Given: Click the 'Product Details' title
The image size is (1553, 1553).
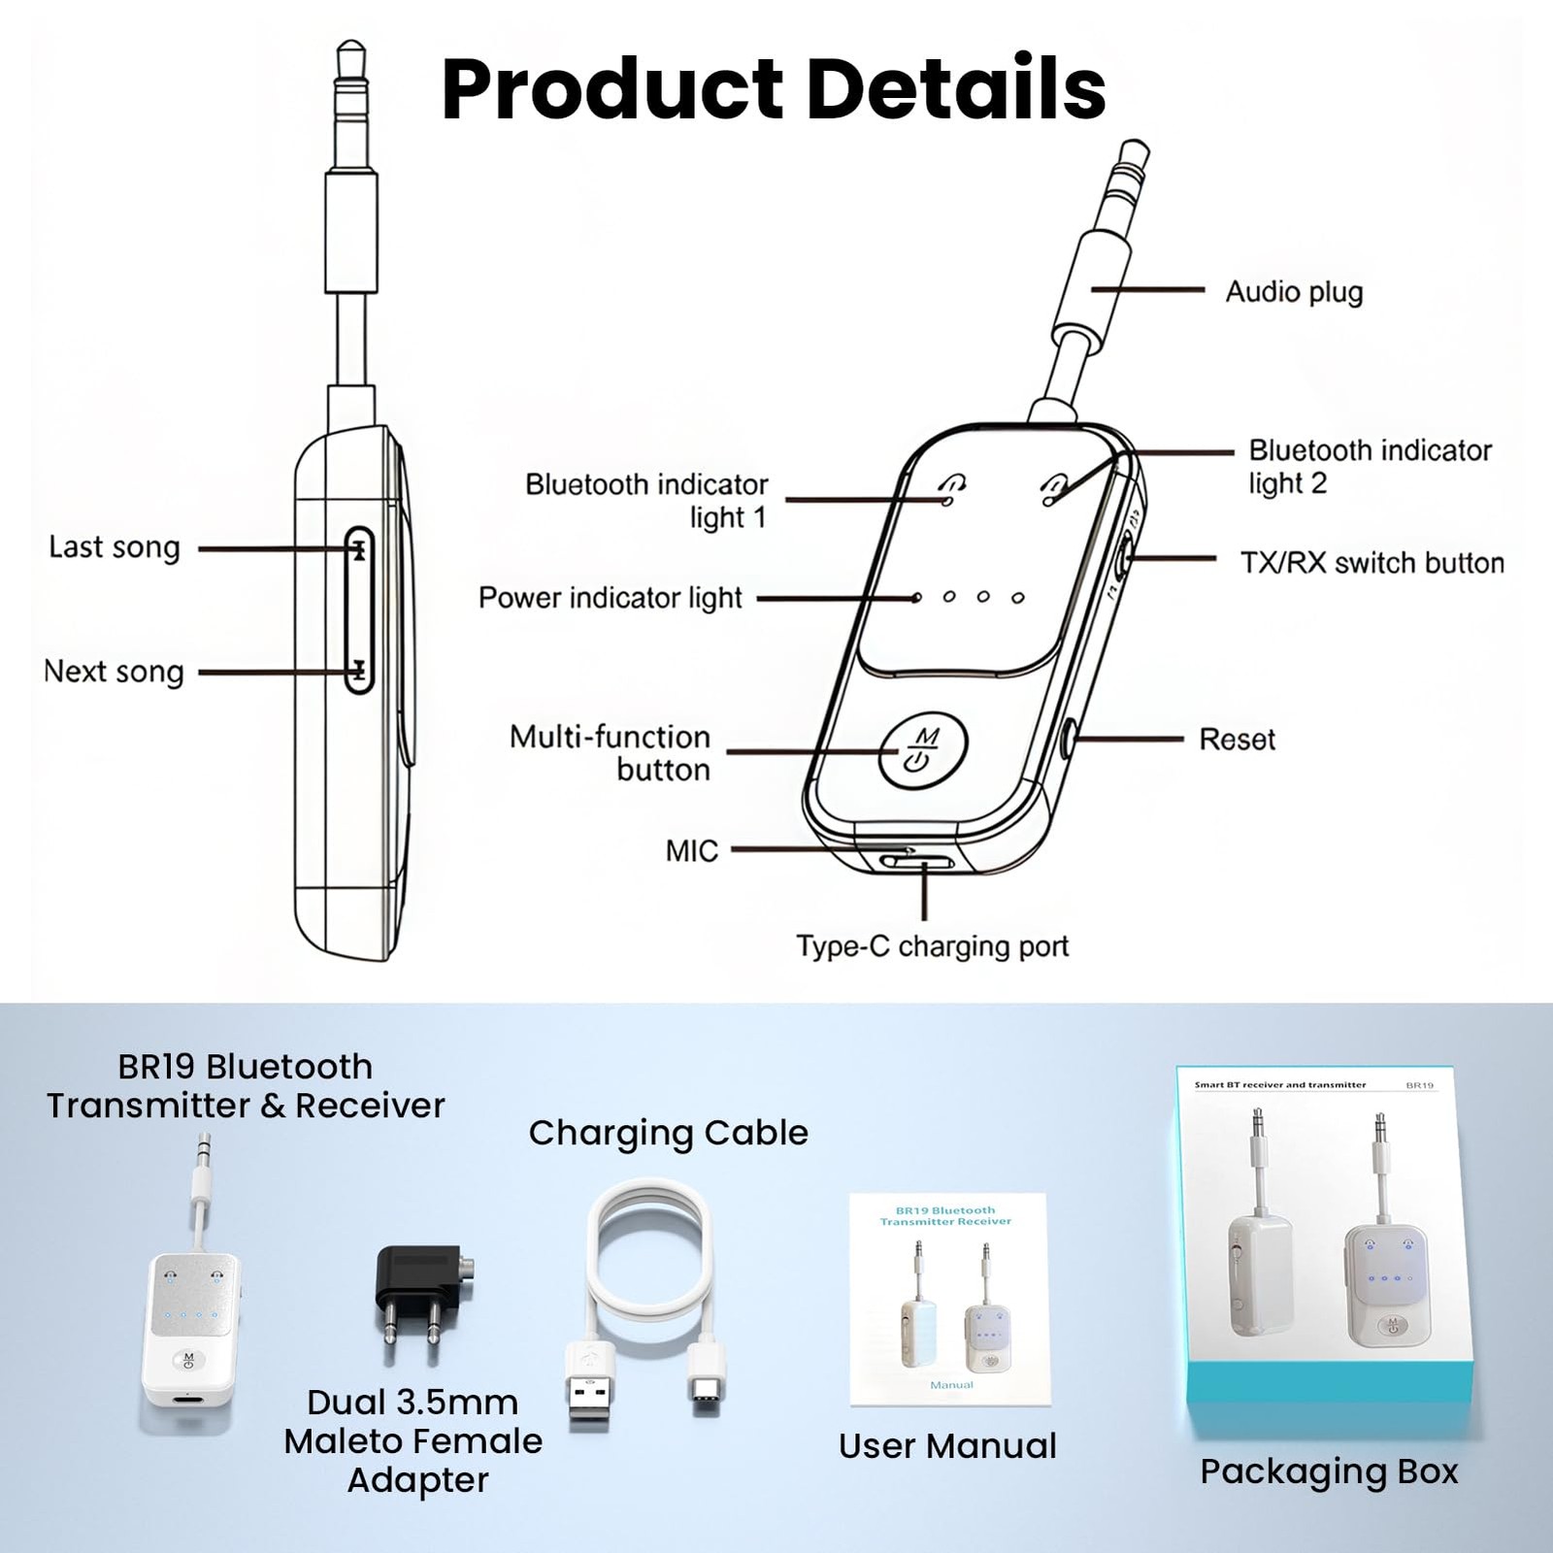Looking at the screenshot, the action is pyautogui.click(x=774, y=88).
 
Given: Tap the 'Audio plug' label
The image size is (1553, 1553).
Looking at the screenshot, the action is pyautogui.click(x=1294, y=291).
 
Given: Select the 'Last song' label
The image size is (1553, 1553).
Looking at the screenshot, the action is pyautogui.click(x=115, y=547).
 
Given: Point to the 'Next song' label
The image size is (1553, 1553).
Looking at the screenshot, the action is pyautogui.click(x=114, y=672).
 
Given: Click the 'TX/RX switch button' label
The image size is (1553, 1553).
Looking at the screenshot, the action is pyautogui.click(x=1372, y=563).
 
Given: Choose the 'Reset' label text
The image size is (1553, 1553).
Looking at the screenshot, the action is pyautogui.click(x=1237, y=740).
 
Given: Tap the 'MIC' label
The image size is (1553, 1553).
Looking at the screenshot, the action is pyautogui.click(x=692, y=851).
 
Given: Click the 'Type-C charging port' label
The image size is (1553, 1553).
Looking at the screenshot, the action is pyautogui.click(x=933, y=946).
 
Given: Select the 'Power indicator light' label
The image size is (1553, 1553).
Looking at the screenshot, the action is pyautogui.click(x=611, y=598).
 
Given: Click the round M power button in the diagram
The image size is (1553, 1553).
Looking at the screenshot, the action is pyautogui.click(x=923, y=751).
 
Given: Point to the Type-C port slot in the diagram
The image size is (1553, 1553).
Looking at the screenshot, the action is pyautogui.click(x=916, y=862).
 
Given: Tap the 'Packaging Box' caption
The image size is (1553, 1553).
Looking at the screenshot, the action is pyautogui.click(x=1329, y=1471).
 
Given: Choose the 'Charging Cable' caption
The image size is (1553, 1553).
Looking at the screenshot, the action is pyautogui.click(x=668, y=1133).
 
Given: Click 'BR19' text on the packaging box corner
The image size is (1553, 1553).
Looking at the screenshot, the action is pyautogui.click(x=1419, y=1085).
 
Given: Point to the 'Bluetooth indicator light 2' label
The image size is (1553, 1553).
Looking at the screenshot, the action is pyautogui.click(x=1370, y=467).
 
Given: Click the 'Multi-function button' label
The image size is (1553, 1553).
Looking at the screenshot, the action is pyautogui.click(x=611, y=753).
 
